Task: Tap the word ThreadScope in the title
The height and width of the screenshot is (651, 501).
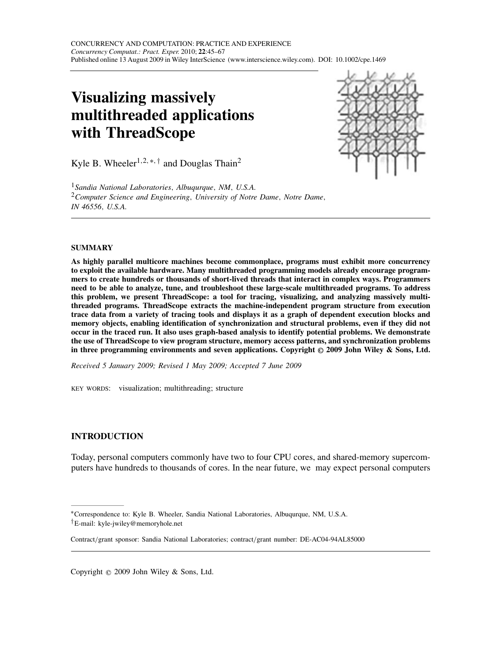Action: click(150, 132)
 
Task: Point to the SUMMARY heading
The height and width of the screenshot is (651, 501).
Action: click(92, 248)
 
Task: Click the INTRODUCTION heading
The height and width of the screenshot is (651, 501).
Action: click(107, 437)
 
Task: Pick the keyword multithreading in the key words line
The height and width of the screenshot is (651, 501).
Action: click(188, 388)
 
